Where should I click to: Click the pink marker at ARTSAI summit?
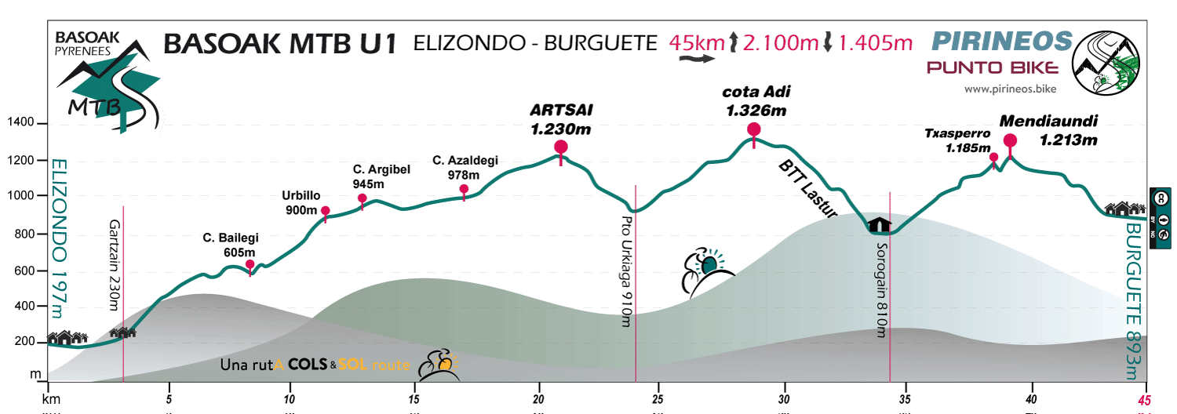[x=560, y=147]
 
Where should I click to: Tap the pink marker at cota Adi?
[x=754, y=130]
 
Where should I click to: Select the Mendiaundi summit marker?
[x=1010, y=141]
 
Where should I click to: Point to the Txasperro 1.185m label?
[x=967, y=140]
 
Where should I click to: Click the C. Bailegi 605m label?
[x=231, y=245]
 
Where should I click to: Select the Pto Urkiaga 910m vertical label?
[x=626, y=270]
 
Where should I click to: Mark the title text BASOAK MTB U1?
[x=279, y=44]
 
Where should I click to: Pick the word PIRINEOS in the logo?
[x=1001, y=41]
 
